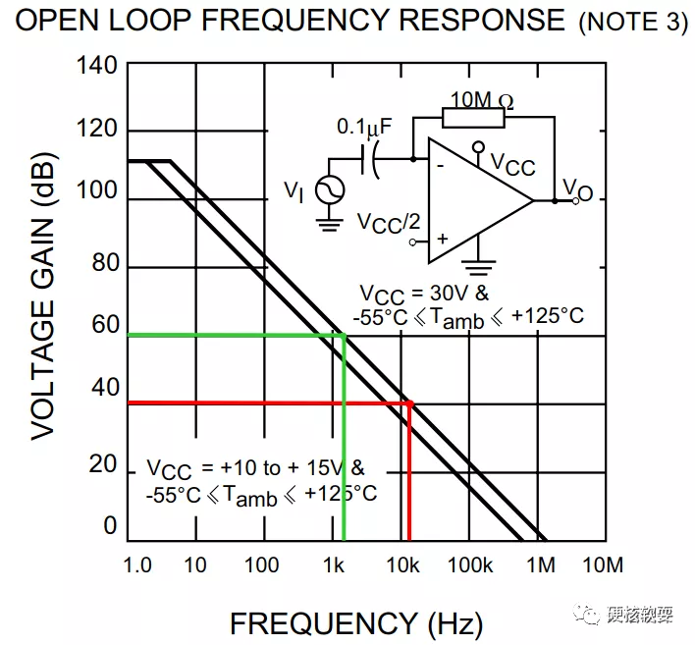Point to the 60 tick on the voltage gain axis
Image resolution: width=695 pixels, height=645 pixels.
[104, 325]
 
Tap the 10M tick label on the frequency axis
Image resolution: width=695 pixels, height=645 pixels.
[601, 564]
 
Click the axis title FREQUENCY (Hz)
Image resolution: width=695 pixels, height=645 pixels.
[355, 622]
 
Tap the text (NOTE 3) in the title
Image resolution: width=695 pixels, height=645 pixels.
[634, 23]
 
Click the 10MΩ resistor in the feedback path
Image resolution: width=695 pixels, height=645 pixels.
[474, 118]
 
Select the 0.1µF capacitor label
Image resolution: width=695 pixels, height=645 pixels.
[364, 127]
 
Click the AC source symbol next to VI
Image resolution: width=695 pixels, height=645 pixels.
[328, 189]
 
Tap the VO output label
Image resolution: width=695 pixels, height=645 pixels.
[577, 190]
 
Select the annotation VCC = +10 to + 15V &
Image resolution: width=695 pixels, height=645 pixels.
[256, 467]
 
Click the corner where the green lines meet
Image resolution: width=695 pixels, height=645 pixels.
[344, 336]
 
